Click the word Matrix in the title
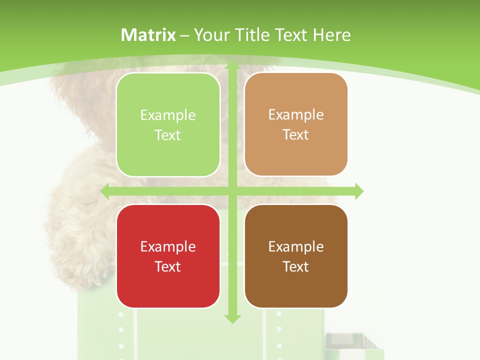[x=148, y=35]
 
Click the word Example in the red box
[x=168, y=246]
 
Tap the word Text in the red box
[x=168, y=266]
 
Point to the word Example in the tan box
[x=296, y=114]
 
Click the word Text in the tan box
[x=296, y=134]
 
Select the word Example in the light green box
[x=168, y=115]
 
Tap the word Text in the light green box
[x=168, y=135]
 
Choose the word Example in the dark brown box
[x=296, y=246]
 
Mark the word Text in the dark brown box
[x=296, y=266]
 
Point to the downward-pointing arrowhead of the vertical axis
[x=232, y=318]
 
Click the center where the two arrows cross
[x=232, y=191]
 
